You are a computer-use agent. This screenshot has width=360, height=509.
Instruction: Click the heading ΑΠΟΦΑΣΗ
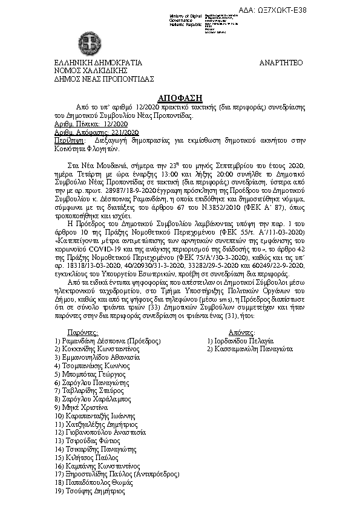point(180,97)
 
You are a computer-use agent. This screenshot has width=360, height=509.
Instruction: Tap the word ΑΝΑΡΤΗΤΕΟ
point(281,63)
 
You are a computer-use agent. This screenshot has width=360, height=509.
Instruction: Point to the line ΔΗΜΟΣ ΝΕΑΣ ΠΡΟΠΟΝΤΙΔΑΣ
point(104,79)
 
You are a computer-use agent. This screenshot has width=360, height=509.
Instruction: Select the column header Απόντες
point(243,332)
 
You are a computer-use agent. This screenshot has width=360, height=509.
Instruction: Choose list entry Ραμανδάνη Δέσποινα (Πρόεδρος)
point(103,341)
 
